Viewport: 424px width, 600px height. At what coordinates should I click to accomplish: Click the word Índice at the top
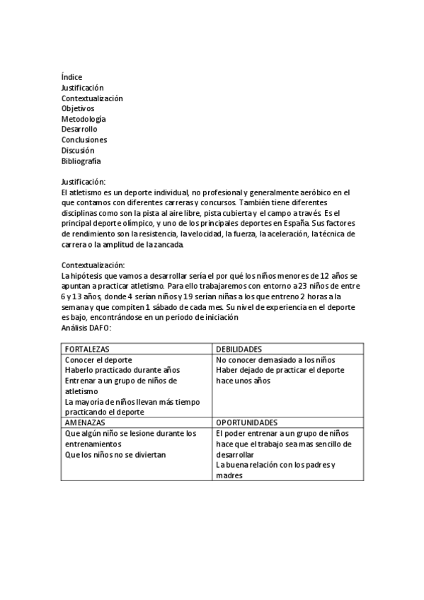point(71,77)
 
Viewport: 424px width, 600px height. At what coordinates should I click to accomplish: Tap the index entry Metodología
point(84,119)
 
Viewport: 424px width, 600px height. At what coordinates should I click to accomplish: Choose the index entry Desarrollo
point(79,129)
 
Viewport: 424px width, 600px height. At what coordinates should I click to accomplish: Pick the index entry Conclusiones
point(84,140)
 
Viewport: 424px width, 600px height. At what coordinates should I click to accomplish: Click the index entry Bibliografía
point(81,161)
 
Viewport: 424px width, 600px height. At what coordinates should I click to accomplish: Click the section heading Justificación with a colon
point(84,182)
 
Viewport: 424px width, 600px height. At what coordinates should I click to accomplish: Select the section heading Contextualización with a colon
point(93,265)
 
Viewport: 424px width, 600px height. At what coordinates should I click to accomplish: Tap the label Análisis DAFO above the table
point(86,328)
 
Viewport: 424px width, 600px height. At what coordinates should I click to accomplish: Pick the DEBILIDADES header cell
point(240,350)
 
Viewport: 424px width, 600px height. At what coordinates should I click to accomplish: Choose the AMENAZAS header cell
point(86,422)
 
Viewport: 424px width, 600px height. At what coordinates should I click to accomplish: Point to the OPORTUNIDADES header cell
point(246,422)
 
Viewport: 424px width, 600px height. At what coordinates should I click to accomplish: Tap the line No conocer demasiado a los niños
point(271,360)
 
